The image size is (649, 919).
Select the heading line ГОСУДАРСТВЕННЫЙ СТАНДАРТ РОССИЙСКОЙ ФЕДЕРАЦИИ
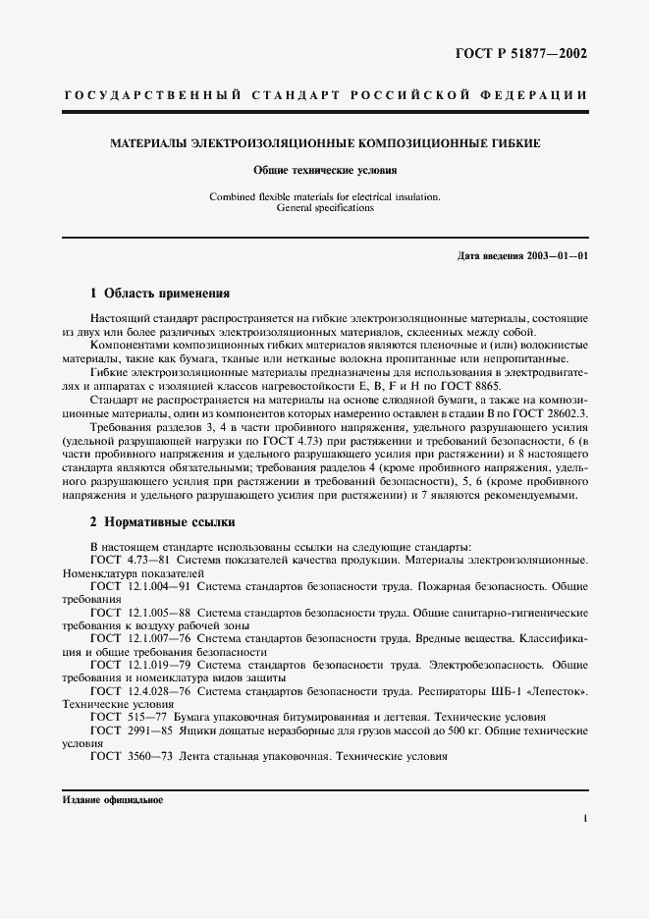(325, 95)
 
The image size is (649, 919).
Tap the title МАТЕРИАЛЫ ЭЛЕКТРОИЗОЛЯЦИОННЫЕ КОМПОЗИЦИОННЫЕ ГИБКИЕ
(325, 143)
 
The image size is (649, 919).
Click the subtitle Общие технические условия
(325, 170)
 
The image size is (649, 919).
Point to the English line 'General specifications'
(325, 208)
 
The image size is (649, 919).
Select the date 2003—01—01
(555, 256)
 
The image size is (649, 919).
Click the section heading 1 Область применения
(160, 293)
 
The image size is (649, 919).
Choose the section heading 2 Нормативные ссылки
(163, 521)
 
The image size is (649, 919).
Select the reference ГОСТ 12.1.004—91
(141, 586)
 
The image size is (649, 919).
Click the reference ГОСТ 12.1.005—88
(141, 612)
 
